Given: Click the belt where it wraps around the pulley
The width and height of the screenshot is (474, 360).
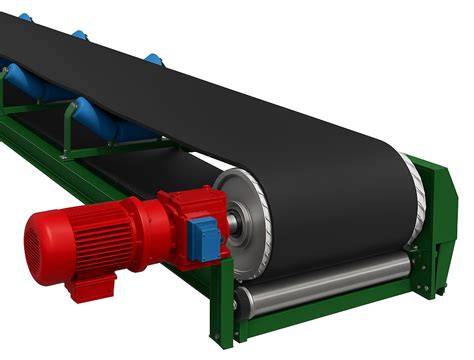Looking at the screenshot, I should pos(330,210).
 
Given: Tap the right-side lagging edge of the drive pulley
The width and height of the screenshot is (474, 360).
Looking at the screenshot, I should pos(413,195).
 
